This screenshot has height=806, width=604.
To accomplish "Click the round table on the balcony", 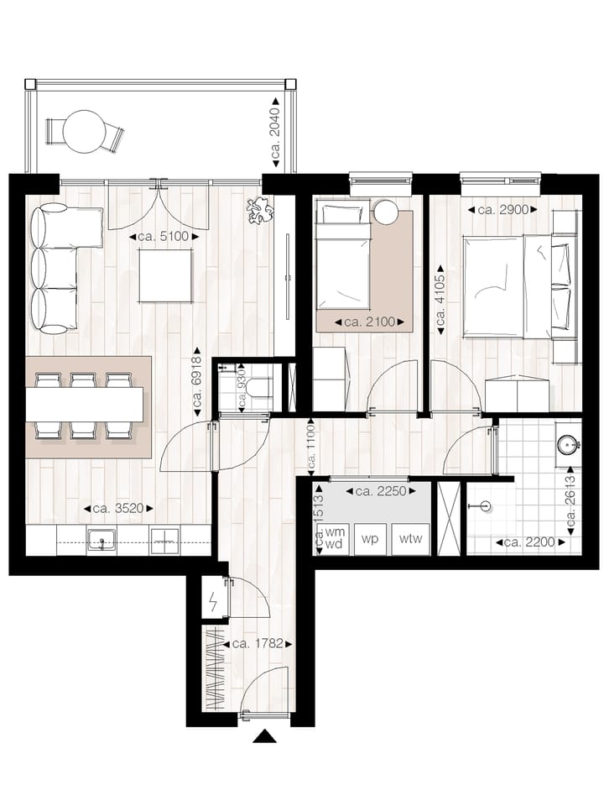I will [83, 132].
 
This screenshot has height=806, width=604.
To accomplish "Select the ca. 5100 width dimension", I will [164, 238].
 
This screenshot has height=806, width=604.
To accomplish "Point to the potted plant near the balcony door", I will [259, 209].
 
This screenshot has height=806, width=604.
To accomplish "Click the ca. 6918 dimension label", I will [197, 381].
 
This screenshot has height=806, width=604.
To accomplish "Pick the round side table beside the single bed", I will [386, 212].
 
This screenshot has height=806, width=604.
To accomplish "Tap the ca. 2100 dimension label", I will [369, 322].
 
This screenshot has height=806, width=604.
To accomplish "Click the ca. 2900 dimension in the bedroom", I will [502, 210].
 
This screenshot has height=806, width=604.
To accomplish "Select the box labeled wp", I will [369, 539].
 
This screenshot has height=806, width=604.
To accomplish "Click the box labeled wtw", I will [411, 539].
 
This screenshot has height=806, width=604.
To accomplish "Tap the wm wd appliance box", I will [335, 538].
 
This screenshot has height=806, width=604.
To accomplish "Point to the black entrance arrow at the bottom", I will [265, 736].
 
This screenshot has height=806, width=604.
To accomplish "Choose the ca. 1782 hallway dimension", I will [261, 644].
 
